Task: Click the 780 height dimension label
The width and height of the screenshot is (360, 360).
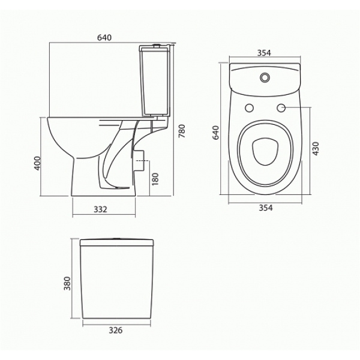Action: tap(182, 131)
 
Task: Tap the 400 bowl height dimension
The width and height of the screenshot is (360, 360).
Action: tap(37, 163)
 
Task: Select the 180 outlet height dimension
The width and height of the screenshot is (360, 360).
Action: tap(155, 179)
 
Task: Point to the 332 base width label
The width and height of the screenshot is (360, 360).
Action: tap(100, 209)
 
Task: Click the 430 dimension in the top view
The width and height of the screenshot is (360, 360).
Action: tap(316, 149)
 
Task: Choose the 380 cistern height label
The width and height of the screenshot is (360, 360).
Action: tap(67, 283)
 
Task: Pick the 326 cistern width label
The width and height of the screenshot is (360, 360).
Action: tap(116, 330)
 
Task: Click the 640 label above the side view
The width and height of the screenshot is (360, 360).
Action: tap(104, 37)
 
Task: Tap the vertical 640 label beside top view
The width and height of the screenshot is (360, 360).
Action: tap(216, 133)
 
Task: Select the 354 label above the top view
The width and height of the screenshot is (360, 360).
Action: tap(264, 53)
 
